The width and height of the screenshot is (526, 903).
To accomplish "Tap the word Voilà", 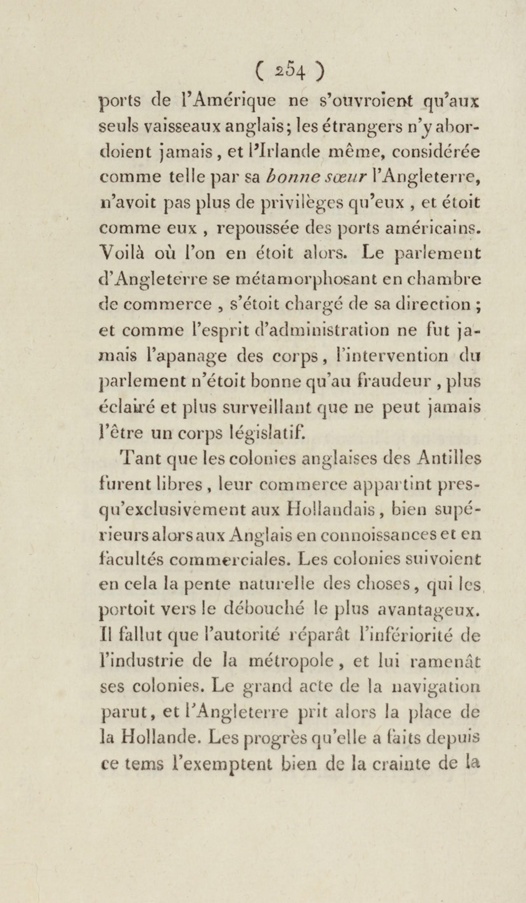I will (121, 254).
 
